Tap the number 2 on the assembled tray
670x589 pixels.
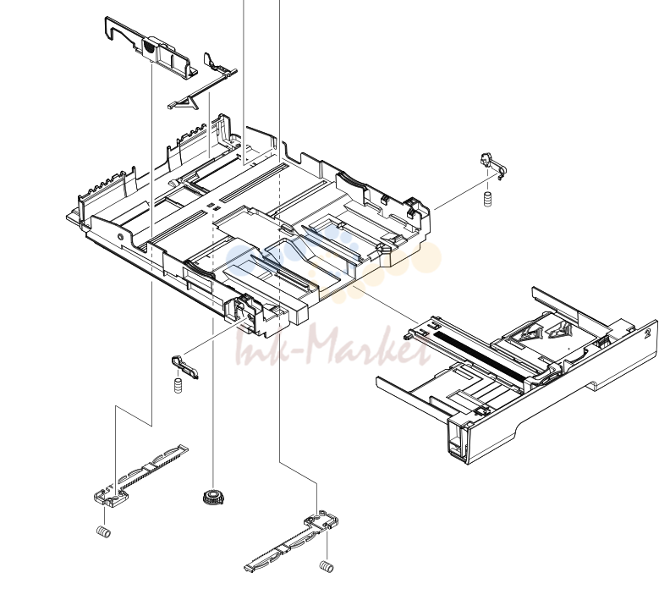coord(648,333)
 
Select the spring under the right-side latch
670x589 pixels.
coord(487,200)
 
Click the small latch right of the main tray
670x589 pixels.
coord(492,164)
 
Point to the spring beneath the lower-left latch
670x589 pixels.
coord(178,386)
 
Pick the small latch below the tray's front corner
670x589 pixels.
coord(184,366)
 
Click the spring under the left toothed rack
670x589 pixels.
coord(103,531)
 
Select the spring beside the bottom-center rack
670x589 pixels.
coord(327,567)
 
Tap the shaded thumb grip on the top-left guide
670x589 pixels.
coord(148,46)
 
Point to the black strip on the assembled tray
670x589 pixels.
coord(479,356)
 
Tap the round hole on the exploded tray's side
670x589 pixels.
coord(120,237)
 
